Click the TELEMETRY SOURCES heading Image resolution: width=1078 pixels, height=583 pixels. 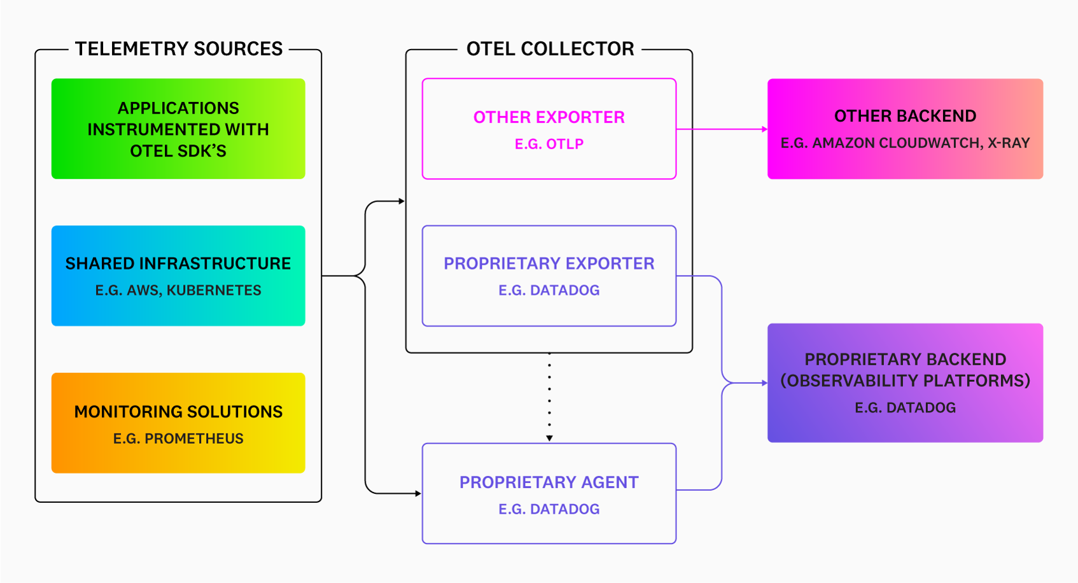pos(179,49)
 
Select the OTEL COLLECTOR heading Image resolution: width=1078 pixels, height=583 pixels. pos(550,49)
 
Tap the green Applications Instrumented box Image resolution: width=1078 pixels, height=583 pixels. pos(178,129)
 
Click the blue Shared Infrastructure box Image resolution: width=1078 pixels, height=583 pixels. pos(178,276)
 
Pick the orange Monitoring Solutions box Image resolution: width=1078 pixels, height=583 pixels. pos(178,423)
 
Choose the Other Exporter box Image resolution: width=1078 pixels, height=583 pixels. pos(549,129)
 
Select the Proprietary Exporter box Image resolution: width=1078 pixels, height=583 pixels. pos(549,276)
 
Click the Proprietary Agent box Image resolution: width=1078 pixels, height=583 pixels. pos(549,493)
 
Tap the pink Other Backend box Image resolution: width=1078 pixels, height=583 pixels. pos(905,129)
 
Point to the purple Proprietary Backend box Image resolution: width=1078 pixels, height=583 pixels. pos(905,383)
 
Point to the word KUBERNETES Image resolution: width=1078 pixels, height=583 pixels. pos(214,290)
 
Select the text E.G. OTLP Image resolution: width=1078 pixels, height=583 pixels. pos(549,144)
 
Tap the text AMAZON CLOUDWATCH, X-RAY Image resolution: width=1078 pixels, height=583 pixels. pos(921,143)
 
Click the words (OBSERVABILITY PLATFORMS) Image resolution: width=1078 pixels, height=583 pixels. pos(905,381)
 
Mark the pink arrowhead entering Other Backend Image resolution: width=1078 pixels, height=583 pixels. pos(764,129)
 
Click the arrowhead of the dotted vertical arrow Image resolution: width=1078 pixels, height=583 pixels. pos(549,438)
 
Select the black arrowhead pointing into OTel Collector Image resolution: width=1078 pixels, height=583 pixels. pos(402,201)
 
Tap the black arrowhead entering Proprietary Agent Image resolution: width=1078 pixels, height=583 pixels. pos(418,493)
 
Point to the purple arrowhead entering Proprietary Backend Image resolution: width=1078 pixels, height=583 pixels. pos(764,383)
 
